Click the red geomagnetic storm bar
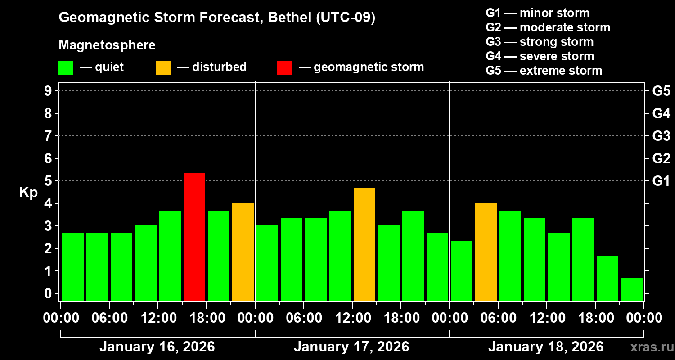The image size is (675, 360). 194,237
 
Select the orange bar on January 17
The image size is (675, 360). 364,244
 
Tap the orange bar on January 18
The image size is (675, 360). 486,252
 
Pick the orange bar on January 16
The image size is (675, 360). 243,252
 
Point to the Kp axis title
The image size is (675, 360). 28,192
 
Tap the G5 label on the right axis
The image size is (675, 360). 661,91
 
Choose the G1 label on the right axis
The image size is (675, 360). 661,181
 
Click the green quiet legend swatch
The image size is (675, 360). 66,67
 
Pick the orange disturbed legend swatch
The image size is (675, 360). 163,67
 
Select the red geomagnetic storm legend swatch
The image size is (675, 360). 284,67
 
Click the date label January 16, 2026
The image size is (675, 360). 157,347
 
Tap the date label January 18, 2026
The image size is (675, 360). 546,347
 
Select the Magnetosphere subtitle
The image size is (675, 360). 107,45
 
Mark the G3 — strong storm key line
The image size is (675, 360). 540,42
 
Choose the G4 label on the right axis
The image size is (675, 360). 661,113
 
